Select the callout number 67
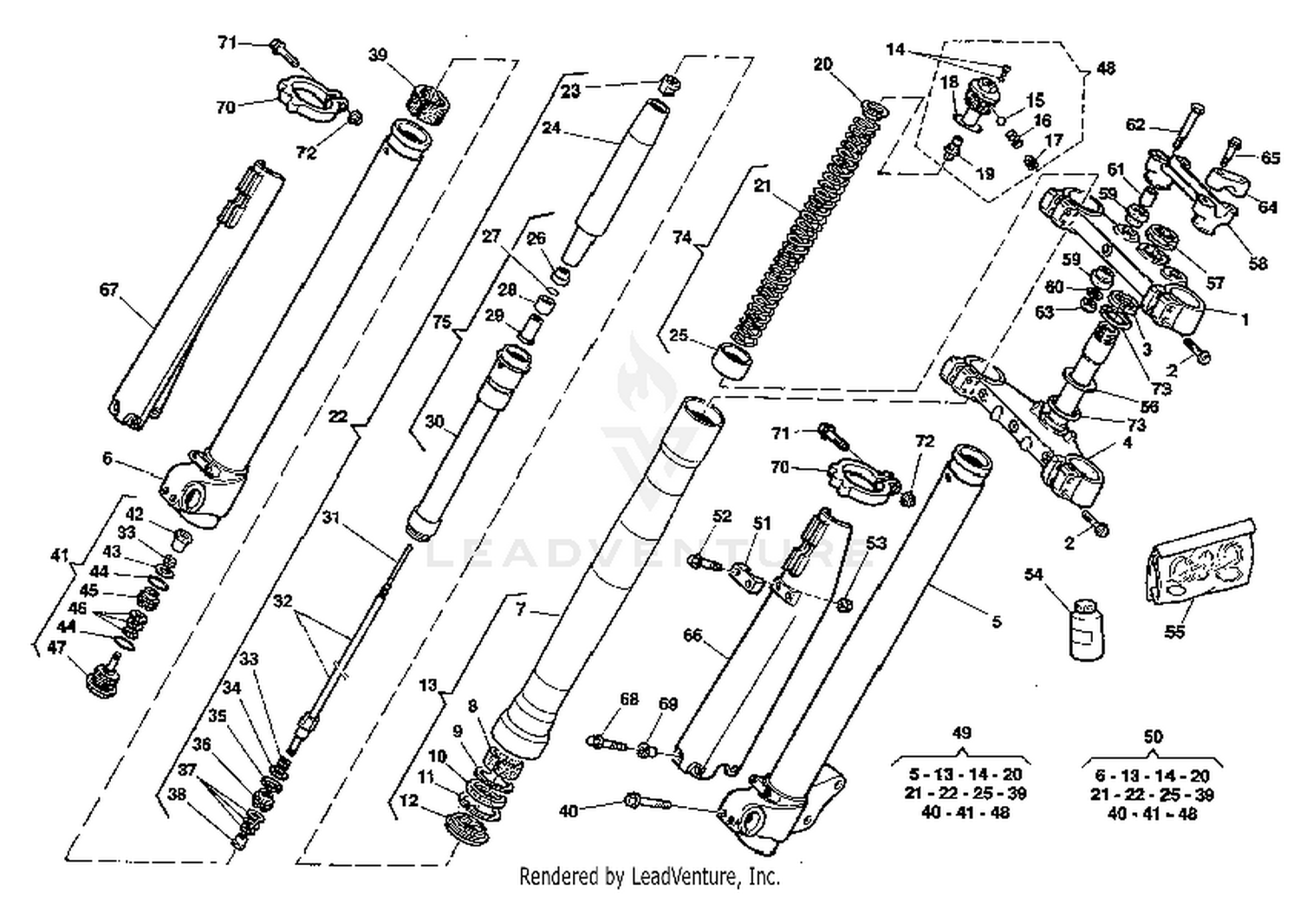(108, 289)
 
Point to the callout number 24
(551, 128)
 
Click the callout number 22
(338, 417)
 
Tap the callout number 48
(1106, 68)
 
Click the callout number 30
(434, 422)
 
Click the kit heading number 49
(961, 733)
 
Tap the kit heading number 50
(1152, 737)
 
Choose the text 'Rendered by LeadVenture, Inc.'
(649, 876)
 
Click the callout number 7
(520, 609)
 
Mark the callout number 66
(692, 635)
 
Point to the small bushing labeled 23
(667, 85)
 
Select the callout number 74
(682, 237)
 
